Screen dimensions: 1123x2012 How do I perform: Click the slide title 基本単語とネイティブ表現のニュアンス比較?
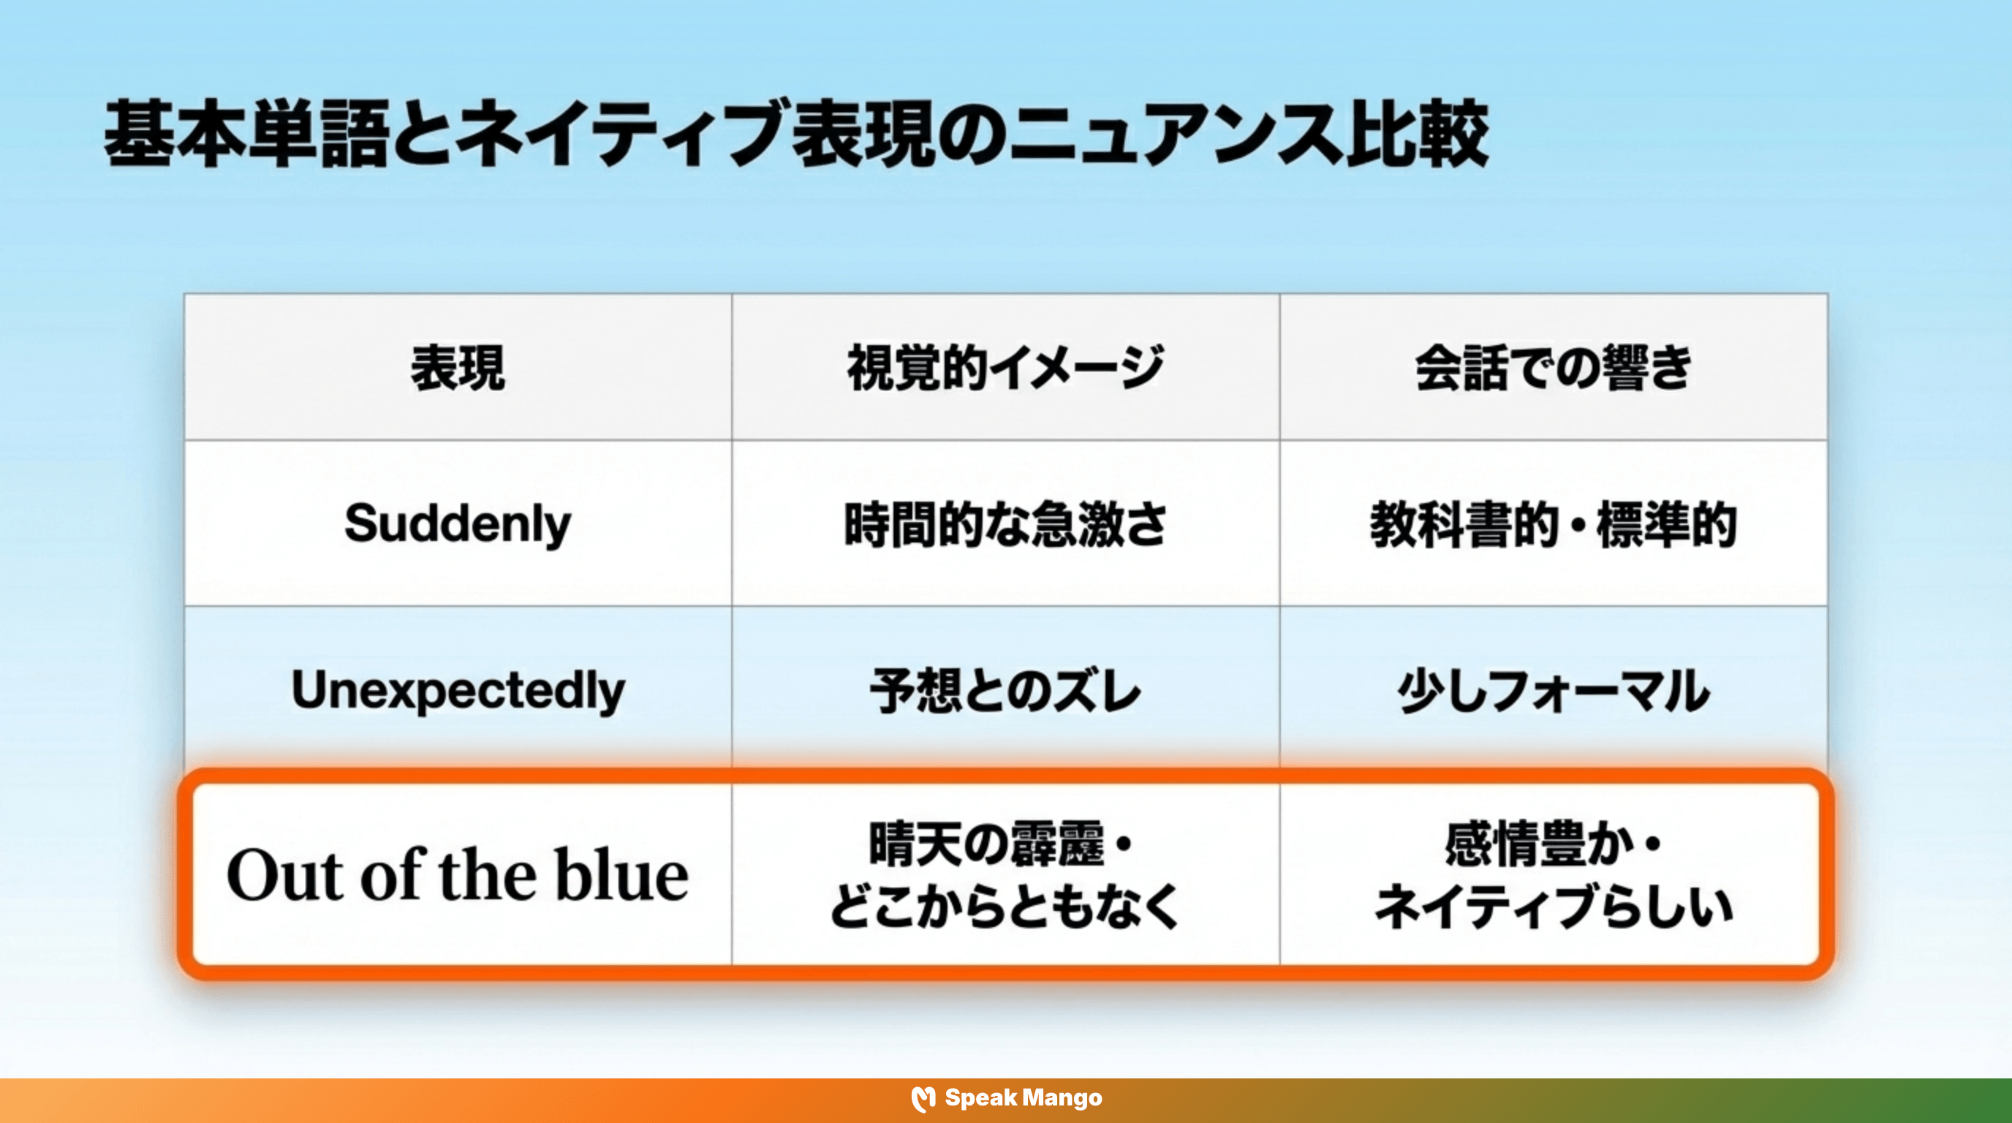(797, 135)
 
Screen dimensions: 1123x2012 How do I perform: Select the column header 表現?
(458, 368)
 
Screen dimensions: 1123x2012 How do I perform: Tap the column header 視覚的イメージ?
(1005, 368)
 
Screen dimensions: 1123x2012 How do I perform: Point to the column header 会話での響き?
(1553, 368)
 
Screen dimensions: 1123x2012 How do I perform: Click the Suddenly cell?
(458, 523)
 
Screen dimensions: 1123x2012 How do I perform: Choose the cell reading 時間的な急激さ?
(1005, 524)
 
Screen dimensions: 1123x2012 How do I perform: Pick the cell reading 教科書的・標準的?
(1553, 524)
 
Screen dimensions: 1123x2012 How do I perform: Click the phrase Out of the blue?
(458, 875)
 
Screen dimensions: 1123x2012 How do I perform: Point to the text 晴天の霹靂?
(987, 844)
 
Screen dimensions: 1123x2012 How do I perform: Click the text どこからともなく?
(1005, 907)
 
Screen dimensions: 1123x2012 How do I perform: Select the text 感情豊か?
(1540, 844)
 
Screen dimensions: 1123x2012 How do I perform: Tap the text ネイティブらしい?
(1553, 907)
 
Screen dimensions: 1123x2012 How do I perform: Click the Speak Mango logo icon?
(923, 1099)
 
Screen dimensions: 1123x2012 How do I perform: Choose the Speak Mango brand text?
(1024, 1098)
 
